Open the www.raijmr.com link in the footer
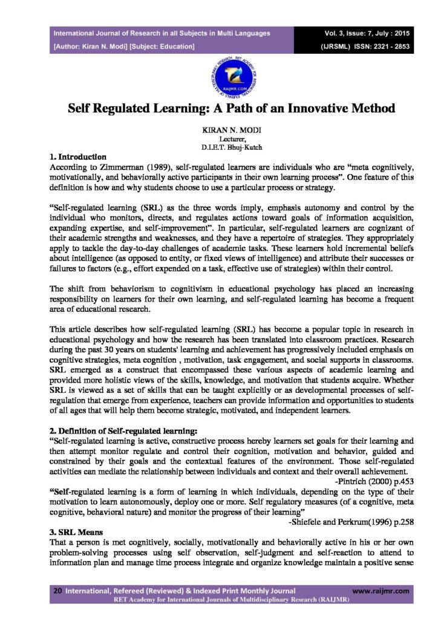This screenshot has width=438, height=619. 381,591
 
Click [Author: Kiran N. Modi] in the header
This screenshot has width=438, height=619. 91,45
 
